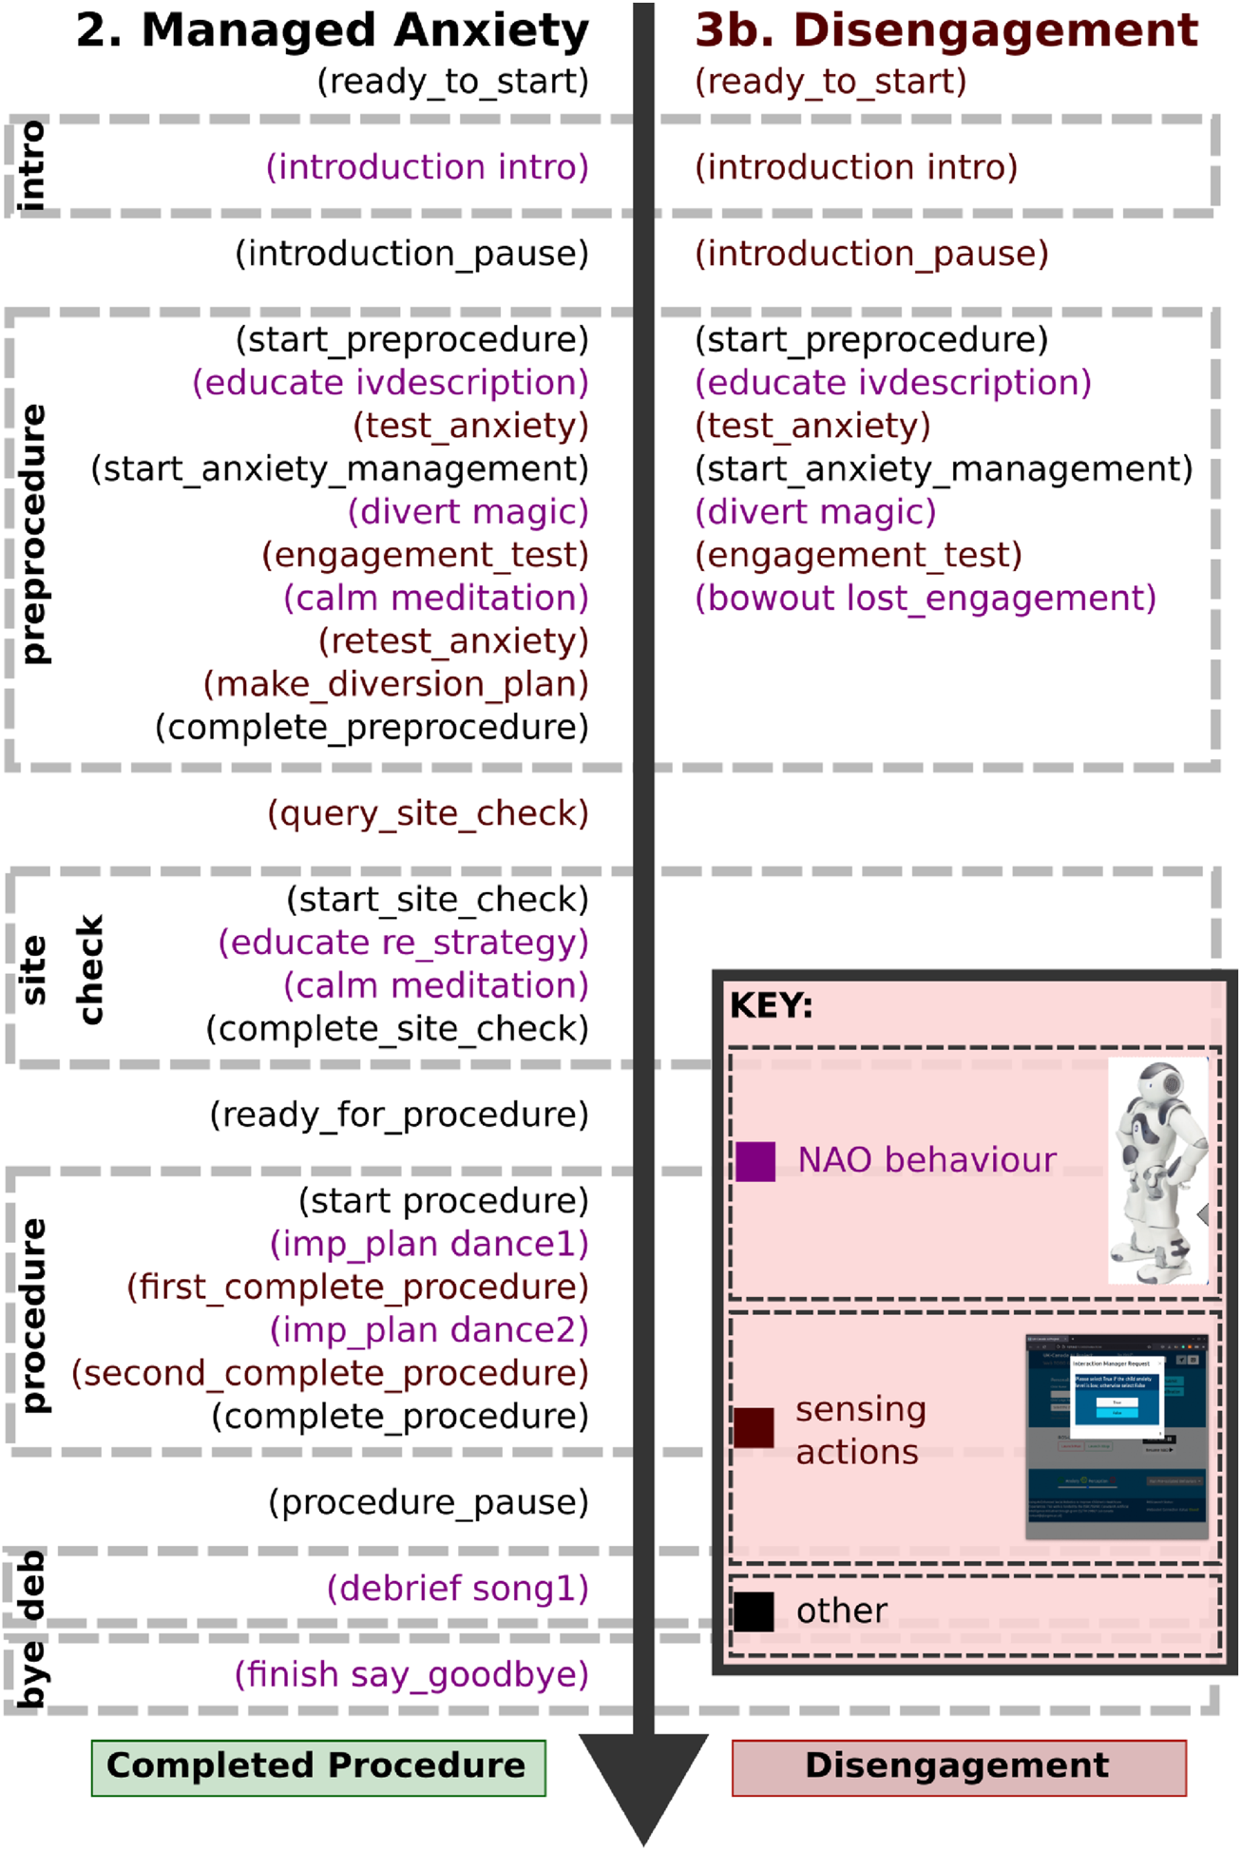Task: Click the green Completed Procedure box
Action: pos(318,1767)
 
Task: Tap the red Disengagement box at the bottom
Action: pos(958,1767)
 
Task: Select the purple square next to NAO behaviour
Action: pos(755,1161)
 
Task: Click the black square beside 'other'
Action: pos(754,1612)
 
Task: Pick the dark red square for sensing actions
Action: pos(754,1428)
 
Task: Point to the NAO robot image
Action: pos(1158,1172)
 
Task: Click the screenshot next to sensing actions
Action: pos(1117,1436)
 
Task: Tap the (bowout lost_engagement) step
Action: pos(926,599)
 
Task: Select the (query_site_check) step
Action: pos(428,814)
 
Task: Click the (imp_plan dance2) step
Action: pos(430,1330)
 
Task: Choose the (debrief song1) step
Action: pos(458,1589)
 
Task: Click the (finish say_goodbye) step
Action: pos(411,1674)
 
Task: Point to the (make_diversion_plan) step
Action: pos(396,684)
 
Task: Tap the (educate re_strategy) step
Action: pos(404,943)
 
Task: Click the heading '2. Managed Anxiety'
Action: pos(333,30)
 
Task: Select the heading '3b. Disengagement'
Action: pos(946,30)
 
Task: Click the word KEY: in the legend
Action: pos(771,1005)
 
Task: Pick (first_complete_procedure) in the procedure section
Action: pos(358,1287)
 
